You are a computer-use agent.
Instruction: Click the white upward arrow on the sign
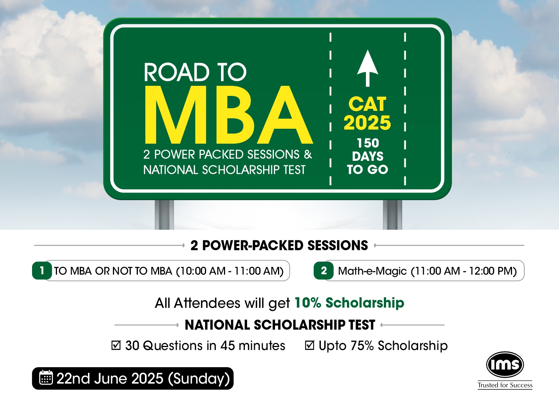click(x=367, y=68)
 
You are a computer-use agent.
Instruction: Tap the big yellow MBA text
click(x=228, y=115)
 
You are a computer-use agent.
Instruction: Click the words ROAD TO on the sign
click(x=195, y=72)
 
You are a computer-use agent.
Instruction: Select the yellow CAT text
click(x=367, y=104)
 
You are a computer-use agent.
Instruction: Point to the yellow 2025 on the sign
click(x=367, y=123)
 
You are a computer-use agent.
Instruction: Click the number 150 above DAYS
click(x=368, y=143)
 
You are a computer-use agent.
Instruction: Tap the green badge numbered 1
click(x=42, y=270)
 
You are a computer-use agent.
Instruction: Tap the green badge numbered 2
click(x=324, y=270)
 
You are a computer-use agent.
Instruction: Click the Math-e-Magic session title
click(x=372, y=271)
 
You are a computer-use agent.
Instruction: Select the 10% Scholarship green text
click(x=349, y=303)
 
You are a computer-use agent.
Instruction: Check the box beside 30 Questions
click(x=116, y=345)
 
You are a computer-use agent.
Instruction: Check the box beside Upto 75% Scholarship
click(x=309, y=345)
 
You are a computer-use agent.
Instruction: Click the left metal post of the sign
click(x=164, y=214)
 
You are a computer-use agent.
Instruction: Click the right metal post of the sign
click(x=392, y=214)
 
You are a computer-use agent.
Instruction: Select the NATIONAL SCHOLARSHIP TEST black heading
click(x=280, y=325)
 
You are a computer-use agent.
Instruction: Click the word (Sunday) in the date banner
click(x=199, y=379)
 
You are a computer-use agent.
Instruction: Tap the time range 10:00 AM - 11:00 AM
click(x=230, y=271)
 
